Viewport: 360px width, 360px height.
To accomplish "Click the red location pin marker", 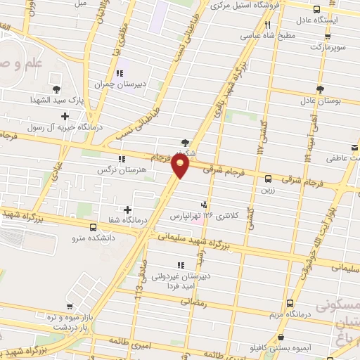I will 181,166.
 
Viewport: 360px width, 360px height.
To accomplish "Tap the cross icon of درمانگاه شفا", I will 127,210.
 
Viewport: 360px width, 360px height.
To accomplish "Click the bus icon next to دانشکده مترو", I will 94,226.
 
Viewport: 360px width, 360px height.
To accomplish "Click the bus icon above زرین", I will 268,179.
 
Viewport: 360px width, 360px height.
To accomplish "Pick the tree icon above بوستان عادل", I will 320,89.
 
